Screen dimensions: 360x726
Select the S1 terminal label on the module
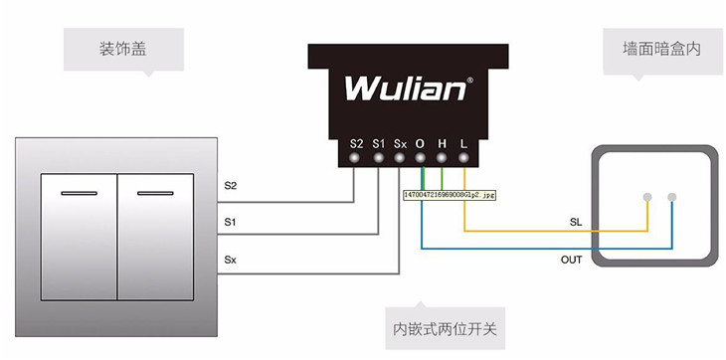(x=379, y=143)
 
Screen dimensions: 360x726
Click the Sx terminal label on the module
(x=400, y=143)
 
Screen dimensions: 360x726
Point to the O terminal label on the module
(x=421, y=143)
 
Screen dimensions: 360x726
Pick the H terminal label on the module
(x=442, y=143)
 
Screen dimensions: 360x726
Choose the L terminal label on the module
(x=463, y=143)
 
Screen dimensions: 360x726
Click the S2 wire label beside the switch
(x=231, y=186)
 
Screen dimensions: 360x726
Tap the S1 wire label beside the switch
(x=231, y=221)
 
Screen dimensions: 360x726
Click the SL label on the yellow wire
(x=576, y=222)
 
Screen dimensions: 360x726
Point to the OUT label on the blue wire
(x=573, y=259)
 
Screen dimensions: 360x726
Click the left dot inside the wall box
(x=647, y=196)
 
